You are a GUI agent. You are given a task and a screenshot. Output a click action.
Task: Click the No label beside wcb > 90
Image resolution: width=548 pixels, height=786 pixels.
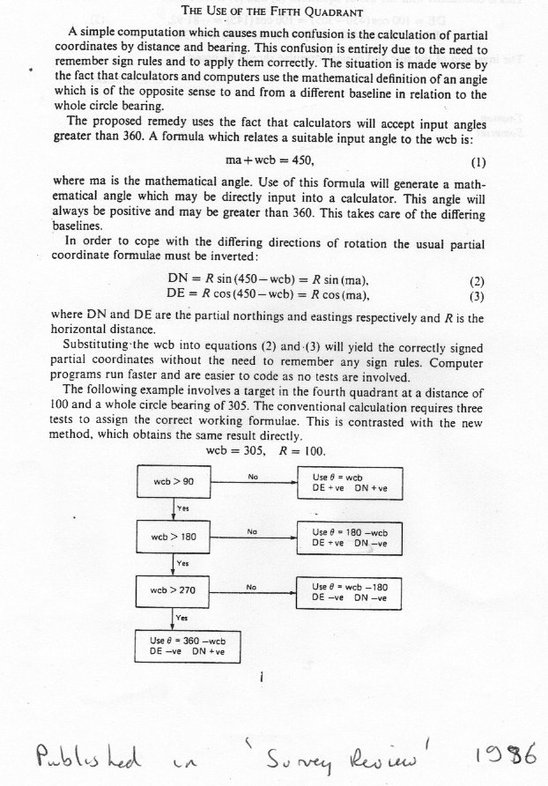[252, 477]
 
